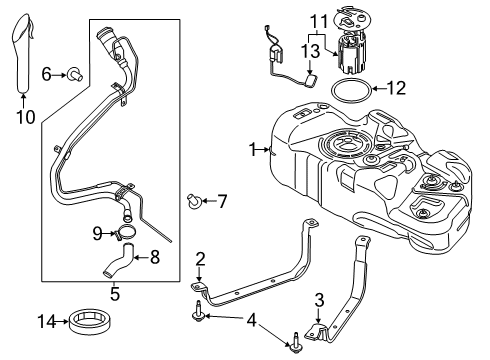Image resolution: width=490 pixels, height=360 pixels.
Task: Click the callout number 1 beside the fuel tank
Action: [x=253, y=149]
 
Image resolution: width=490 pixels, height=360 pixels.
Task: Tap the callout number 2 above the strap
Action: [x=201, y=260]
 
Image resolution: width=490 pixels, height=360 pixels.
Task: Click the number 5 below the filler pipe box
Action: [x=115, y=294]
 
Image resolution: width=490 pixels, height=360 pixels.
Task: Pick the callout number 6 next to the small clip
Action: [x=47, y=73]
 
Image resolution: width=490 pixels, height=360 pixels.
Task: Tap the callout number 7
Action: [x=222, y=201]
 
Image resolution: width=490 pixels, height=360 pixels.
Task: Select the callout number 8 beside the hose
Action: [x=155, y=256]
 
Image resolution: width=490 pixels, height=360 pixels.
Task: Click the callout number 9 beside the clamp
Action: [x=97, y=233]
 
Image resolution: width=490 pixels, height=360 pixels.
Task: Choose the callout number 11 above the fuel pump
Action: [x=317, y=19]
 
